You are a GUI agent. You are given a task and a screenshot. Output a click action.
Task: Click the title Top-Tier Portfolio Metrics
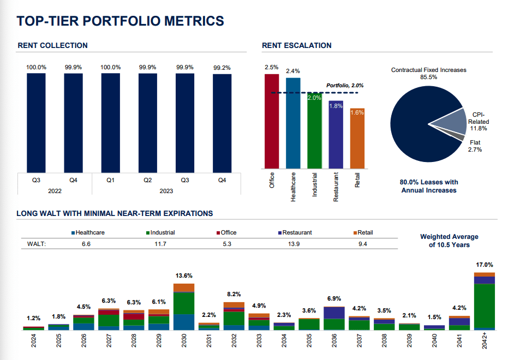tap(120, 21)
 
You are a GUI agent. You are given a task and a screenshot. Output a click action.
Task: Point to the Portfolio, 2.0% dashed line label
tap(345, 86)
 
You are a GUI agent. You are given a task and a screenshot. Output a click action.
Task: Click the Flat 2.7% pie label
tap(475, 146)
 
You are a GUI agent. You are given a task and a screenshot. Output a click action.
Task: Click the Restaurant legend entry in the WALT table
tap(295, 232)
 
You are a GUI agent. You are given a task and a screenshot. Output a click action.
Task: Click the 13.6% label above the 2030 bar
tap(183, 276)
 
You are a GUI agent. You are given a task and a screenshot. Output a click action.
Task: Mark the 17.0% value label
tap(484, 265)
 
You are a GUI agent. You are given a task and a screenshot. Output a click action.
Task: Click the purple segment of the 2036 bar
tap(334, 313)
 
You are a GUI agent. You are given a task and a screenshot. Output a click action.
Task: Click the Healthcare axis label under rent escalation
tap(293, 187)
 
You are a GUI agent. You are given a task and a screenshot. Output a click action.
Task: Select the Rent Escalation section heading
tap(296, 45)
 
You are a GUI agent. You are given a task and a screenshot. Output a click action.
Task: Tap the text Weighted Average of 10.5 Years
tap(449, 241)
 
